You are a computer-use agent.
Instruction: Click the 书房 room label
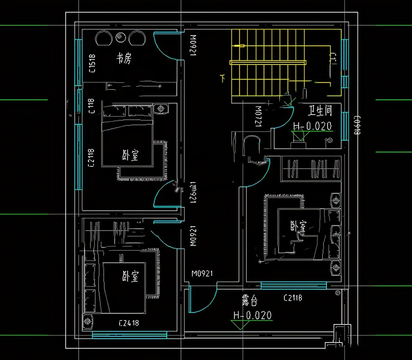[x=124, y=59]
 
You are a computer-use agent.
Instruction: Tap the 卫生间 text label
[x=320, y=111]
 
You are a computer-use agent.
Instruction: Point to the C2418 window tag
[x=129, y=323]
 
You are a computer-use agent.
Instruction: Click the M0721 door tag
[x=258, y=116]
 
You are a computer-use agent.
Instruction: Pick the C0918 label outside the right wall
[x=357, y=125]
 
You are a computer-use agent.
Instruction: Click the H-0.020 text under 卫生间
[x=312, y=126]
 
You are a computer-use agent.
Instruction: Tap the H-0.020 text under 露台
[x=252, y=315]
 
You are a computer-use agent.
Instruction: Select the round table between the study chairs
[x=121, y=37]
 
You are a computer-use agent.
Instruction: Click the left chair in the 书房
[x=104, y=38]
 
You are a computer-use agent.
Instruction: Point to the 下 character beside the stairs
[x=222, y=78]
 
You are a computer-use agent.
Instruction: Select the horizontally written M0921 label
[x=202, y=274]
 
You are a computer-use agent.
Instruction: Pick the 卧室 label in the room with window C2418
[x=130, y=276]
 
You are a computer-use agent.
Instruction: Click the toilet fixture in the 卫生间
[x=298, y=140]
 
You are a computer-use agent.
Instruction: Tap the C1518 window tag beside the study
[x=92, y=63]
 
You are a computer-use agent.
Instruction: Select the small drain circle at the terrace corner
[x=338, y=293]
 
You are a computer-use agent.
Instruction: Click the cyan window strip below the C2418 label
[x=129, y=335]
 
